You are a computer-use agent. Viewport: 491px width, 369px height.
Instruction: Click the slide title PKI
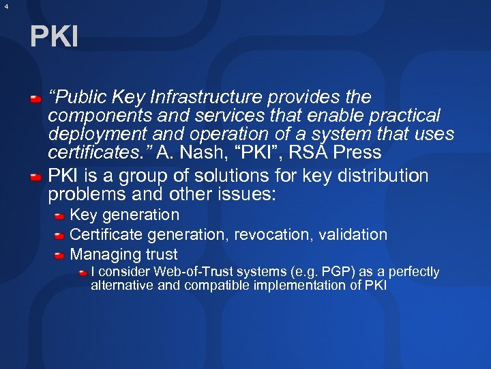point(54,37)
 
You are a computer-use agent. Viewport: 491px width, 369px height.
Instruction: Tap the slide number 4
point(5,6)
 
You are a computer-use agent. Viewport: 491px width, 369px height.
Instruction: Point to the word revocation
point(267,234)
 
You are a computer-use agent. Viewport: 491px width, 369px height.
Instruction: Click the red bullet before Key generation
point(60,216)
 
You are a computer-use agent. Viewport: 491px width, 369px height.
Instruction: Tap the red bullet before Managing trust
point(60,256)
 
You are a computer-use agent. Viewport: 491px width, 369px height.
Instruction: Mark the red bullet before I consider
point(82,273)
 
